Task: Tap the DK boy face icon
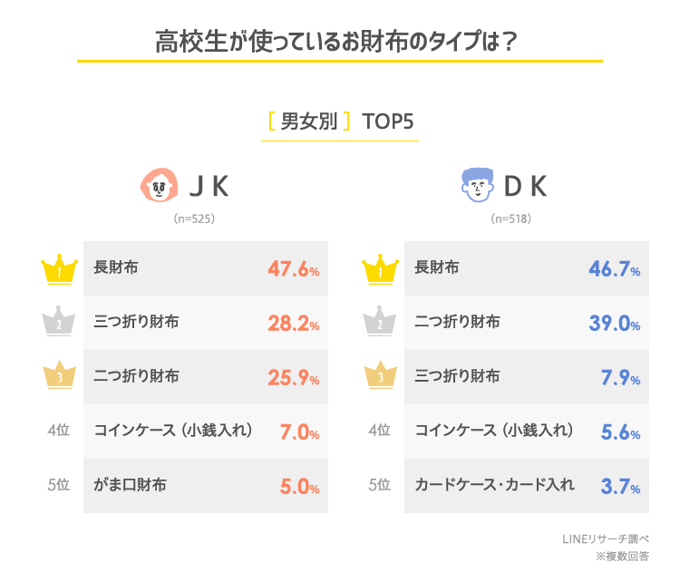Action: [475, 186]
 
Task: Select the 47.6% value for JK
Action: [293, 268]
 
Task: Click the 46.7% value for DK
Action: [614, 268]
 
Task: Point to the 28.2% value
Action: [293, 323]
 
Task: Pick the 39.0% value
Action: [614, 323]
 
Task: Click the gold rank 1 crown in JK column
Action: [59, 268]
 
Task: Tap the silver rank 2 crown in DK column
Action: [380, 323]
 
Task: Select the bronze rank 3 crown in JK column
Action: [59, 377]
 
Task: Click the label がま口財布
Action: [131, 484]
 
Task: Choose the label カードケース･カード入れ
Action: [494, 484]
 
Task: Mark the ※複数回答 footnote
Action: [617, 556]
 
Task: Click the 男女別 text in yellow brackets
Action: [309, 121]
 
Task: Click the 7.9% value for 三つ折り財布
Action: [619, 377]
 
